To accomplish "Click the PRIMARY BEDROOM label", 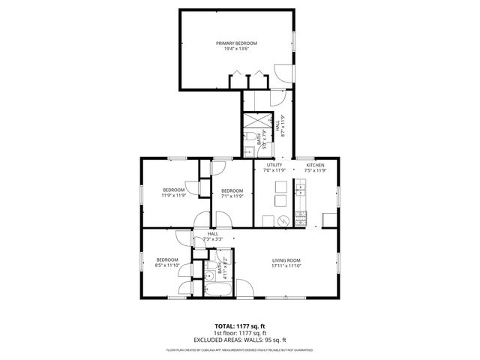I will [236, 43].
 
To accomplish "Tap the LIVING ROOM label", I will [291, 259].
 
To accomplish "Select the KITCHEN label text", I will [315, 164].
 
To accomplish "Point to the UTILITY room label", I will [274, 164].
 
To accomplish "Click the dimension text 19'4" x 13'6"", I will [236, 50].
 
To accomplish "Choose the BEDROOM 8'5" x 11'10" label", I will [166, 259].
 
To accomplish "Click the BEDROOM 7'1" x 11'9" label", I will [232, 190].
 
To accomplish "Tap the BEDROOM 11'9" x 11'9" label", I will [173, 190].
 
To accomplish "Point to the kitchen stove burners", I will [301, 219].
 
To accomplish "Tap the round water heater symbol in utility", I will [283, 220].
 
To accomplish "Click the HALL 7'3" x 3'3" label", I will [213, 235].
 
